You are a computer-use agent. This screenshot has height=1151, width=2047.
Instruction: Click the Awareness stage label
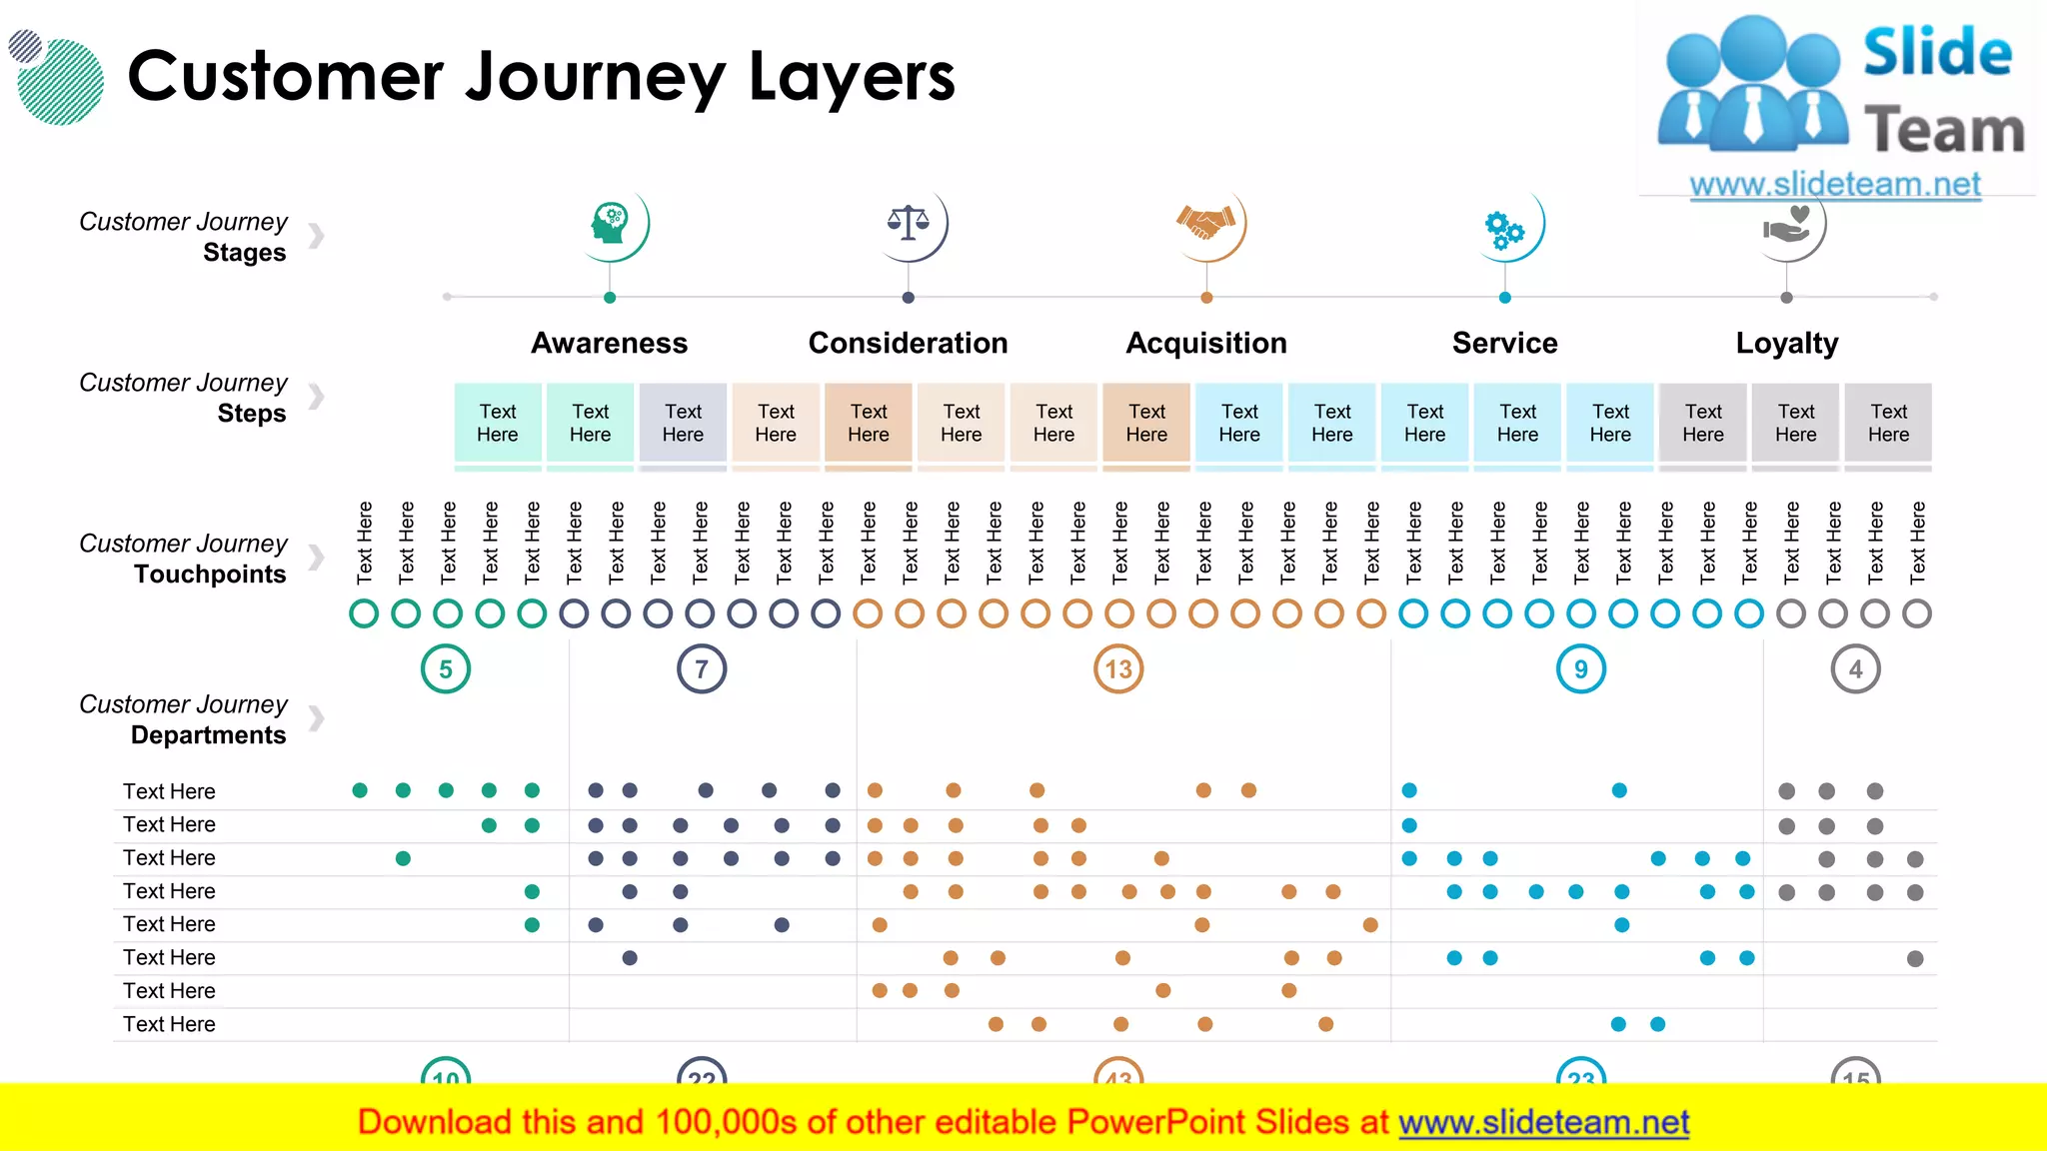tap(609, 343)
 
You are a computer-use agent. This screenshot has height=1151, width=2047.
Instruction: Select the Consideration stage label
tap(908, 343)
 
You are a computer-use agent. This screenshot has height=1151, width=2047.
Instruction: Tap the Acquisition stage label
tap(1206, 343)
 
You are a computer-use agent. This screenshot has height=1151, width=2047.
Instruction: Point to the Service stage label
tap(1504, 343)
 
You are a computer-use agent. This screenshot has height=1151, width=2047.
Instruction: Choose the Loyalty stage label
tap(1786, 343)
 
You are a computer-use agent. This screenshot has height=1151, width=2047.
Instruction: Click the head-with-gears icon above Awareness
tap(610, 224)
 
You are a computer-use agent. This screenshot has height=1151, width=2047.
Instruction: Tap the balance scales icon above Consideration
tap(908, 223)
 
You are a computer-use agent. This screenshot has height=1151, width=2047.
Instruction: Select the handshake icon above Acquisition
tap(1206, 222)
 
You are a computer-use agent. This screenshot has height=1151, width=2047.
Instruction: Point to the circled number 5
tap(446, 669)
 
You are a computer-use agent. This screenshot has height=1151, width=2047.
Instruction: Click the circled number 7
tap(702, 669)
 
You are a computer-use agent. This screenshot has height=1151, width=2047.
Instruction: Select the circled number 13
tap(1118, 669)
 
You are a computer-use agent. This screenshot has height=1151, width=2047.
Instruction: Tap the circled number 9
tap(1581, 669)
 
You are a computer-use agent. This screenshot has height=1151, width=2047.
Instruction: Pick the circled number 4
tap(1855, 669)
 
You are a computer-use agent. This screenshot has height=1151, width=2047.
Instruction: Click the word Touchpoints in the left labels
tap(210, 575)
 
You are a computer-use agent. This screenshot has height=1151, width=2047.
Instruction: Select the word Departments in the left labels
tap(208, 735)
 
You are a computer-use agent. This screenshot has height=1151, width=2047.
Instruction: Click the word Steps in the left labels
tap(251, 414)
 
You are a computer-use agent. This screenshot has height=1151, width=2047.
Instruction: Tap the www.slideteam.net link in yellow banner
tap(1543, 1122)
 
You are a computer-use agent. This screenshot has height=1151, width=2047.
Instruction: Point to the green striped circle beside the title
tap(61, 82)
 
